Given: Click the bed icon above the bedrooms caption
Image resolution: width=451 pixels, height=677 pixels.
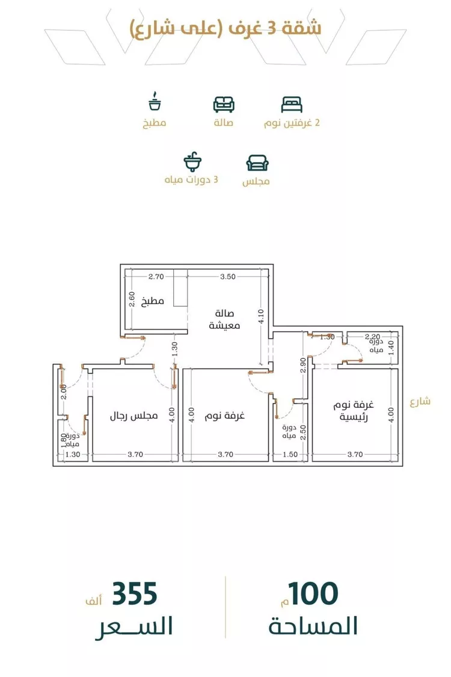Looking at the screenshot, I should point(292,104).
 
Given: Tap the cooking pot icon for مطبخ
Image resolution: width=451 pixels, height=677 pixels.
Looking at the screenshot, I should point(155,102).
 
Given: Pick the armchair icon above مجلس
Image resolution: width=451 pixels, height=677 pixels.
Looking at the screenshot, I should point(257,163).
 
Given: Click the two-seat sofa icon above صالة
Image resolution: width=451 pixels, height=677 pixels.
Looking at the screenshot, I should point(224,104).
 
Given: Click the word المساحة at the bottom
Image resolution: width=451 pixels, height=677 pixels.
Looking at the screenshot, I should point(313,626).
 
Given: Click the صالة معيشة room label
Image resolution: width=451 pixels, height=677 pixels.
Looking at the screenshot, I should point(225,320).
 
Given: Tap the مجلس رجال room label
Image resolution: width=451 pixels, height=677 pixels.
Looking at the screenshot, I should point(133,416).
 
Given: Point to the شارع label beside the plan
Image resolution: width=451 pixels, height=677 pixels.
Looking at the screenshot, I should point(420,402).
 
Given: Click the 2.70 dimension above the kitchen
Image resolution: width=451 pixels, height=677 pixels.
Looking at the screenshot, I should point(156,277).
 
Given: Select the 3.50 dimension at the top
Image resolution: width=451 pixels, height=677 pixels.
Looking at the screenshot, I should point(227,277).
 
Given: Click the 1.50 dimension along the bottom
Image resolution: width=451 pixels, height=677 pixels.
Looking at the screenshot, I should point(290,455).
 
